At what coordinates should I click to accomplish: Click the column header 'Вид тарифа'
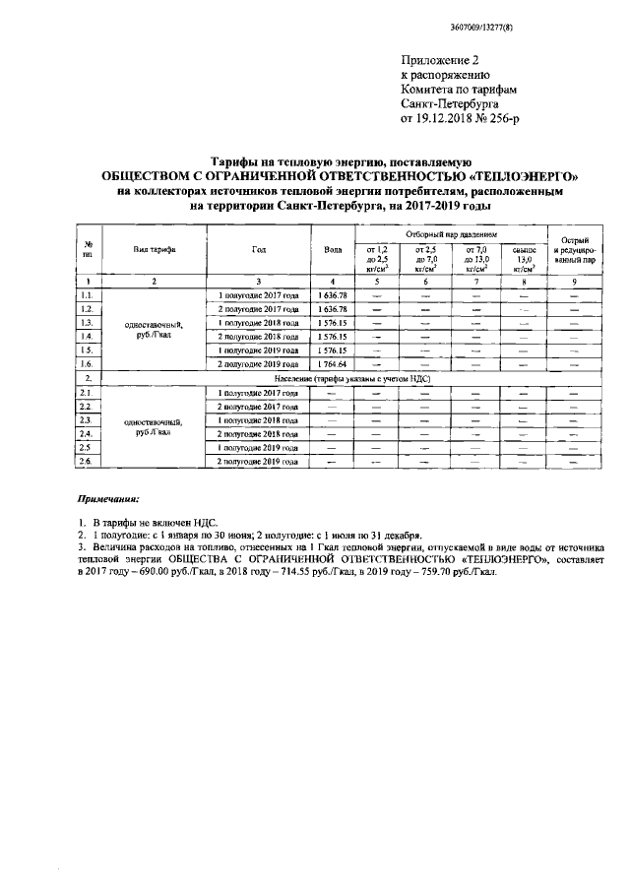point(155,250)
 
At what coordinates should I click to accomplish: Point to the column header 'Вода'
point(333,250)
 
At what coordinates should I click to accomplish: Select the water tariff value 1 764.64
point(333,363)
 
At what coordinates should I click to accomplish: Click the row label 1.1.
point(89,295)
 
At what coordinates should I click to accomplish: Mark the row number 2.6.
point(89,461)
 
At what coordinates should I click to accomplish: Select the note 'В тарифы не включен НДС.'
point(153,520)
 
